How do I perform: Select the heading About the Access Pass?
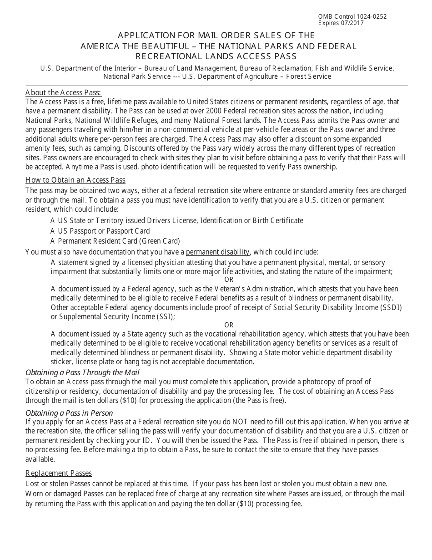63,92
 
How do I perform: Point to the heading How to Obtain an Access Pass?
75,180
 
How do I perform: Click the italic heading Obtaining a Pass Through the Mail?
82,372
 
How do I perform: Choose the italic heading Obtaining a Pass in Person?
69,413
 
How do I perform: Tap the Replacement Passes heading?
59,473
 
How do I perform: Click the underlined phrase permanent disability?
217,252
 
